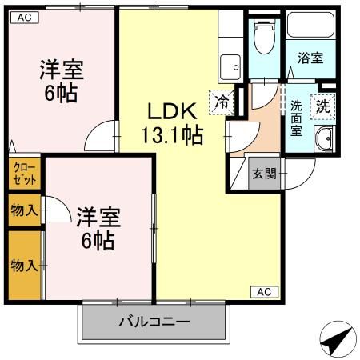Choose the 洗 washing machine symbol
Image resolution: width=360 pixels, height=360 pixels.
323,104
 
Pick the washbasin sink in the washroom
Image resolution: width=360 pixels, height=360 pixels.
326,140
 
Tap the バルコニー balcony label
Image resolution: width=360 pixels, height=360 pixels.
154,322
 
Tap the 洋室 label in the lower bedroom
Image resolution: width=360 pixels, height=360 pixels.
98,216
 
